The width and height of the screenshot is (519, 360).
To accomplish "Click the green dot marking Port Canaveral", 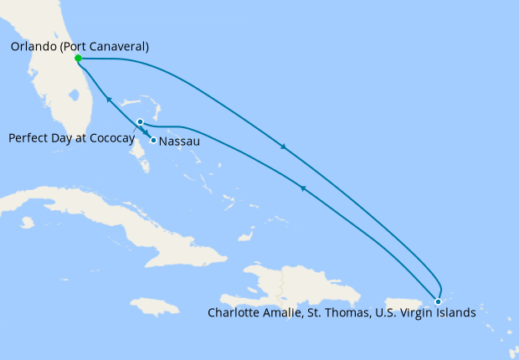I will tap(78, 59).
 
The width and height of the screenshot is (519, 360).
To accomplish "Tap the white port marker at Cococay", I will tap(141, 122).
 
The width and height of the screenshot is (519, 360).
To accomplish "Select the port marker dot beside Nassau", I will tap(152, 140).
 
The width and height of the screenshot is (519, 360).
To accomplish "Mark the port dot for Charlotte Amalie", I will tap(438, 301).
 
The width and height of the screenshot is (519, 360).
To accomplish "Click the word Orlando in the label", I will tap(34, 47).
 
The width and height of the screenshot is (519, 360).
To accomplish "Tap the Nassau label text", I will tap(179, 141).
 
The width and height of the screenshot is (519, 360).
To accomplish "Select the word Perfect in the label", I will tap(30, 138).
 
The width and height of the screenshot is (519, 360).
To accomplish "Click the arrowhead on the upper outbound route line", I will tap(285, 148).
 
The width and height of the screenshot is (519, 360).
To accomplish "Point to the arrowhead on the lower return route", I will tap(302, 189).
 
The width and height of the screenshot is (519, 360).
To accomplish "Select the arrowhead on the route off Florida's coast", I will tap(109, 100).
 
